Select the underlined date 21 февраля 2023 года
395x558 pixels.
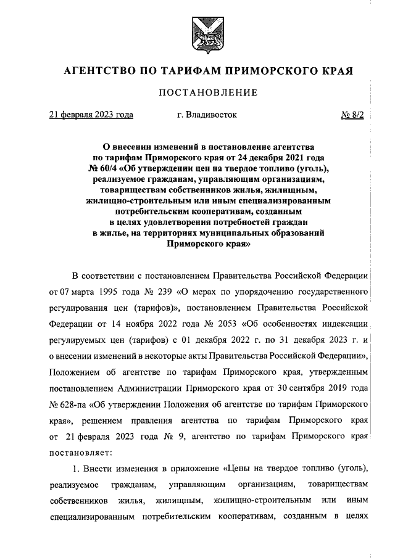tap(91, 115)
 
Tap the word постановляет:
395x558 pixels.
tap(77, 453)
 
